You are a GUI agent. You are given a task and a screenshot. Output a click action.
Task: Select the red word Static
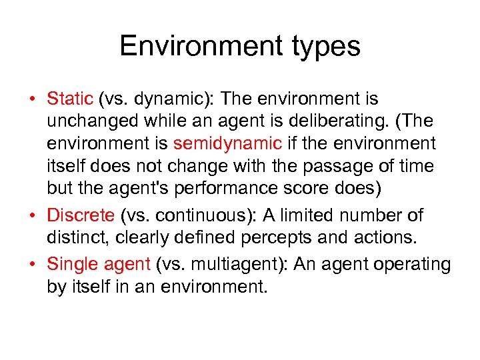point(69,99)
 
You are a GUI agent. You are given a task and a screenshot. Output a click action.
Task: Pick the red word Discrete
point(81,215)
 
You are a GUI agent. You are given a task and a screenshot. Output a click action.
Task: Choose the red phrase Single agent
point(99,265)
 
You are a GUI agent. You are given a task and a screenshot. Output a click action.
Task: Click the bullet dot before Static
point(31,100)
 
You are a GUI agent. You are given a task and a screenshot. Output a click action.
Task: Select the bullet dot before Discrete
point(31,216)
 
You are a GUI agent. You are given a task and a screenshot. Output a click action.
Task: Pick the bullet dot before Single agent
point(31,265)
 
